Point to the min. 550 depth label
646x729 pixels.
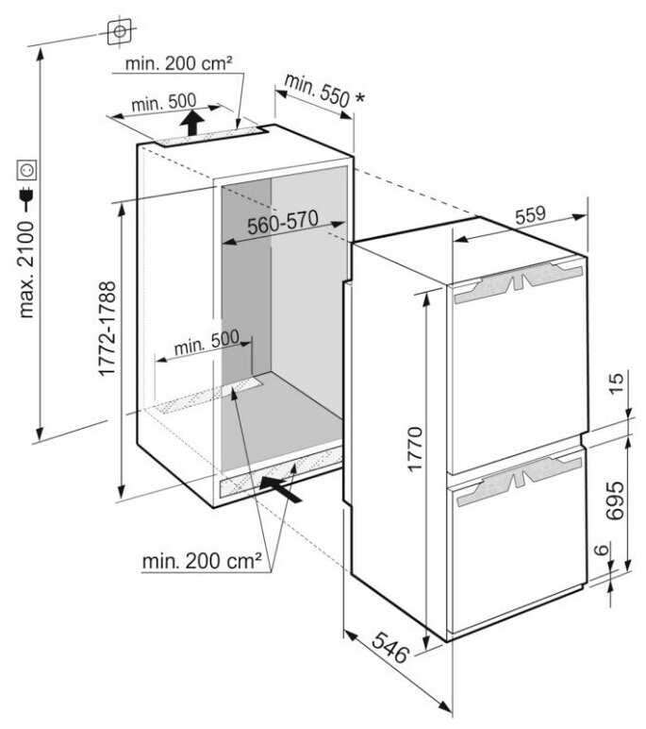click(321, 91)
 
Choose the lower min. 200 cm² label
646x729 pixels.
click(202, 563)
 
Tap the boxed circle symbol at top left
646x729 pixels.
click(119, 32)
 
